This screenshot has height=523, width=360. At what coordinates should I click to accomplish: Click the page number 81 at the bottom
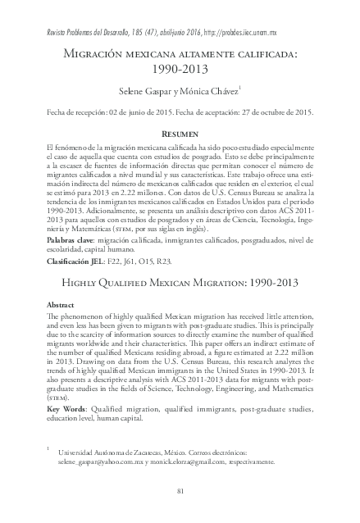pos(180,490)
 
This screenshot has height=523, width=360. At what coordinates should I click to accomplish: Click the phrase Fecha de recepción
pos(85,109)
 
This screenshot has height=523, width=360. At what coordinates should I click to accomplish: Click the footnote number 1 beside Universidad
pos(50,448)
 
